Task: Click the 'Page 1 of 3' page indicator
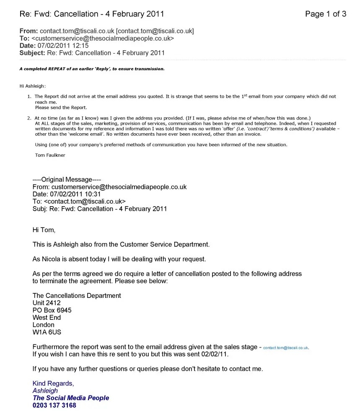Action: [x=326, y=14]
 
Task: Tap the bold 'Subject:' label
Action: [x=32, y=53]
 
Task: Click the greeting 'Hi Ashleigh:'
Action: [x=32, y=86]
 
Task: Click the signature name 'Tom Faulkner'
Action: [x=50, y=155]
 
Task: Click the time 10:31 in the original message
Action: [x=93, y=194]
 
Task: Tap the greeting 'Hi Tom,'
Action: [x=44, y=230]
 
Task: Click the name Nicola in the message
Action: [x=51, y=259]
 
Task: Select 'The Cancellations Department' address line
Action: [x=77, y=296]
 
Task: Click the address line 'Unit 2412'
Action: [x=47, y=303]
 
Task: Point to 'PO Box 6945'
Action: [x=52, y=310]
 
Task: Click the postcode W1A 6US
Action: [x=47, y=332]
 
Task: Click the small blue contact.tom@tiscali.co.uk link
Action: [x=286, y=348]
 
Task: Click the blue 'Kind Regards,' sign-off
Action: [x=53, y=383]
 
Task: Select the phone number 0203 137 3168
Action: [x=54, y=405]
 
